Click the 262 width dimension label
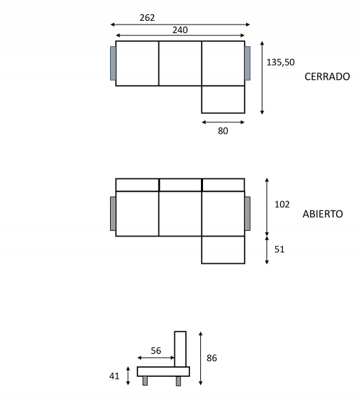147,17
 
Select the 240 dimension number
180,30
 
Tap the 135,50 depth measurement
280,63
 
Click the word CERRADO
327,76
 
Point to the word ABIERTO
323,214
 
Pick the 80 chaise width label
222,131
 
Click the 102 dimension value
282,204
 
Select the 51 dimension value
279,249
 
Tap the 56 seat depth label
156,350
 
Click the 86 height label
212,358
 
